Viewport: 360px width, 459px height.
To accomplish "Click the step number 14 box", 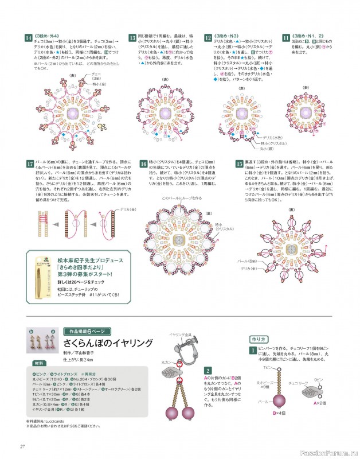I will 28,38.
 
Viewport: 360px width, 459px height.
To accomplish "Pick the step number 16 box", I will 144,164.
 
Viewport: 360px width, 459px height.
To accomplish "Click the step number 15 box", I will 240,164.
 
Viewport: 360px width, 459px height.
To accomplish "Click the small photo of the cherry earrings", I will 42,344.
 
